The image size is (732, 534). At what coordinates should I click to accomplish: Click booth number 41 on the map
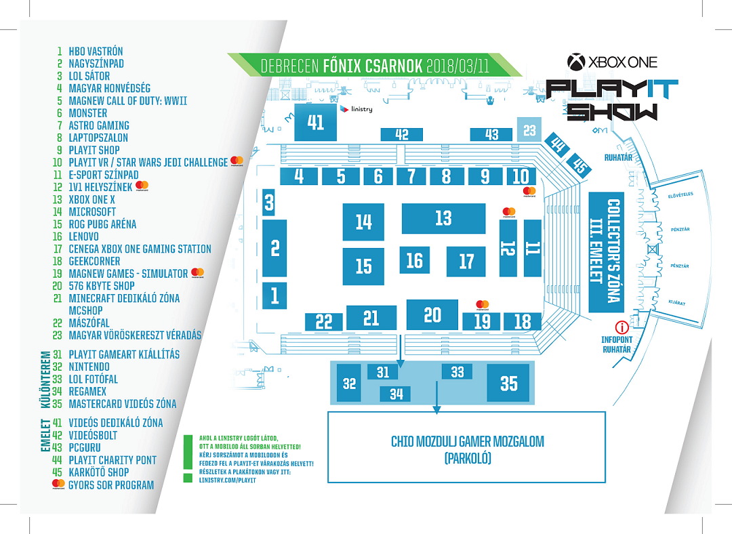point(316,122)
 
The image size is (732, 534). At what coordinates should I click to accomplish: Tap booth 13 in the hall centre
point(443,218)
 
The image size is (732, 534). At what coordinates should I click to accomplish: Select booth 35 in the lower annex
point(508,383)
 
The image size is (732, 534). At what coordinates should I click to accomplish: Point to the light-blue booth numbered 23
point(529,130)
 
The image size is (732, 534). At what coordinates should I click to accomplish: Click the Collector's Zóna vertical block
point(605,252)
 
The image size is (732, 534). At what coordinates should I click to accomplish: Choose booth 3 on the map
point(269,202)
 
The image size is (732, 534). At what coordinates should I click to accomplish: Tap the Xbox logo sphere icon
point(576,62)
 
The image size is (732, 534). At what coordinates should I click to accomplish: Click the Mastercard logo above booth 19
point(483,304)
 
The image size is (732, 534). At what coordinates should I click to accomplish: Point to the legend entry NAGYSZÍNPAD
point(96,64)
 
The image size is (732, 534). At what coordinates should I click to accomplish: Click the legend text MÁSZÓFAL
point(88,323)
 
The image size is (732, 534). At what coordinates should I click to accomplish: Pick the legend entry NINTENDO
point(89,367)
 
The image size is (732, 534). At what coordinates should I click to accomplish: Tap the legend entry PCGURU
point(85,447)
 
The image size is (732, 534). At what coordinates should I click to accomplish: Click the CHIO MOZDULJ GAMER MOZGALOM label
point(467,442)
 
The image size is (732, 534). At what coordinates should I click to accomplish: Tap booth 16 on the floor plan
point(414,260)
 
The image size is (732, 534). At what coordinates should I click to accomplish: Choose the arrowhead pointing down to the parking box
point(437,409)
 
